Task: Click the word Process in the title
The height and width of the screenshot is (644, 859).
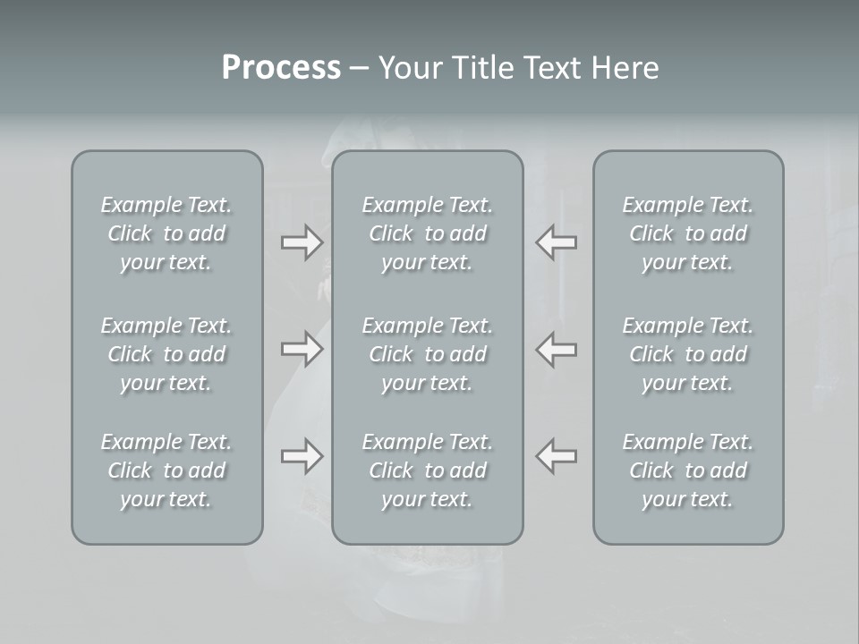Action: click(281, 68)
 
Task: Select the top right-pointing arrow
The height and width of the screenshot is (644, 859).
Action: click(302, 242)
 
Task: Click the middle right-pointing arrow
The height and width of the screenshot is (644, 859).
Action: click(302, 349)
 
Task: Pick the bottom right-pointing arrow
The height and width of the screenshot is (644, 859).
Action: click(302, 456)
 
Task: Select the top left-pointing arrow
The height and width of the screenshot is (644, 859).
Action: click(557, 242)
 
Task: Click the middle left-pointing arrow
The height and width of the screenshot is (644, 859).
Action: click(557, 349)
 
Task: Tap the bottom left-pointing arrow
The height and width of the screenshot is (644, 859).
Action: click(557, 456)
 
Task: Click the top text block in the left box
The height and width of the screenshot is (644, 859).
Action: click(166, 233)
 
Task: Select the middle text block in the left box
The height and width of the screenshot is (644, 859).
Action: click(166, 354)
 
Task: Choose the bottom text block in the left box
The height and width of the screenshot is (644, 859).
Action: click(166, 470)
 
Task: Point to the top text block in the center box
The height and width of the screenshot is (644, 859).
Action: click(428, 233)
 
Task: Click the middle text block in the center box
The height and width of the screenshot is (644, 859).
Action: click(428, 354)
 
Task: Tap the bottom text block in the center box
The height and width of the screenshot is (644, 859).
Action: click(428, 470)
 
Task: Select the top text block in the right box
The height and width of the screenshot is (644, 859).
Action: click(688, 233)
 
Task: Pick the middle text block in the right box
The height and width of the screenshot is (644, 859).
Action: click(688, 354)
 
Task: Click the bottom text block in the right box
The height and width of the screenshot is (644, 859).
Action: click(688, 470)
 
